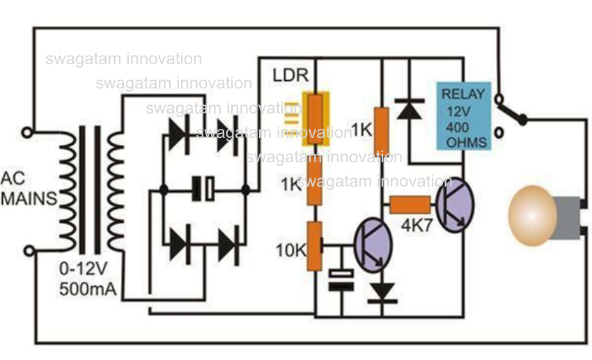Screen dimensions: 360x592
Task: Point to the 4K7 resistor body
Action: pos(410,205)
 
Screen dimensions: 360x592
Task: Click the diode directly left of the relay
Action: pos(410,109)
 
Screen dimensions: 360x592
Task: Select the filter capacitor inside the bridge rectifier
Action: pos(203,188)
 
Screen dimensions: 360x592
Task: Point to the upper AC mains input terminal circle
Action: pos(28,132)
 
